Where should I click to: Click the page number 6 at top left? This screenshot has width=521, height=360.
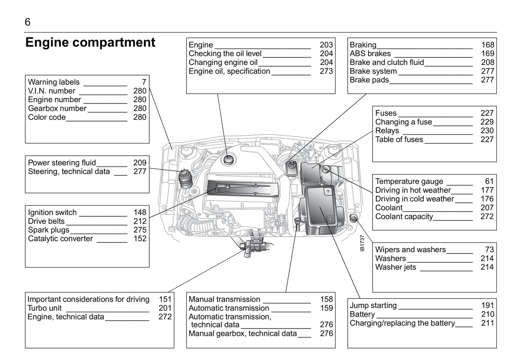click(x=27, y=22)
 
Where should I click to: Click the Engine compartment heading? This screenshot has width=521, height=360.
click(x=90, y=43)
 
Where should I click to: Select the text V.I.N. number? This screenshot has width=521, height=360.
click(x=52, y=91)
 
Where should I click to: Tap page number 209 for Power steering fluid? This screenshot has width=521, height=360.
click(x=140, y=163)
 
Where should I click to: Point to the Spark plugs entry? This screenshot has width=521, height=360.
click(x=49, y=230)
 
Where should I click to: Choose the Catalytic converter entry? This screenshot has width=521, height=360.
click(x=60, y=239)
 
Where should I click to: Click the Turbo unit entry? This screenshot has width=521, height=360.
click(x=44, y=308)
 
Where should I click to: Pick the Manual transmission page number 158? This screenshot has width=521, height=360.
click(x=326, y=299)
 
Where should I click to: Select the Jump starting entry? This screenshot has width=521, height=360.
click(x=373, y=306)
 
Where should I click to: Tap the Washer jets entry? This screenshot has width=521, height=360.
click(x=396, y=267)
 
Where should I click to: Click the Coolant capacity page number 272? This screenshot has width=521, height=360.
click(x=487, y=216)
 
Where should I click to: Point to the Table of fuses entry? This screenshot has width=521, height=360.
click(x=399, y=140)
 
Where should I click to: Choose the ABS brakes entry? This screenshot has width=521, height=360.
click(x=370, y=54)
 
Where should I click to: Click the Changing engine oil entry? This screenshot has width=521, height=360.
click(x=223, y=62)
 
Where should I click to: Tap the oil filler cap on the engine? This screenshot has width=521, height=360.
click(x=228, y=159)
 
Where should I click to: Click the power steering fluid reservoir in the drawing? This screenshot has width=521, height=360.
click(x=185, y=178)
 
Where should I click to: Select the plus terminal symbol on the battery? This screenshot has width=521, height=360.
click(x=328, y=191)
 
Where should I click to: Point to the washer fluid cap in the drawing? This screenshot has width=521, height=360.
click(x=353, y=218)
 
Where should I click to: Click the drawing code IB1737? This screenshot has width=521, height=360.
click(x=362, y=243)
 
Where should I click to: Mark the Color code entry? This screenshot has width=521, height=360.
click(x=47, y=117)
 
